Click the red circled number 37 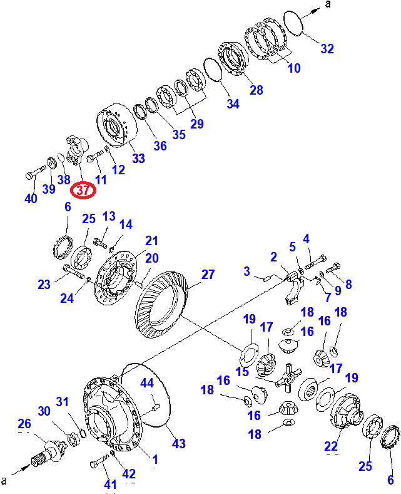click(x=83, y=191)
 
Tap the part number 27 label click(x=208, y=275)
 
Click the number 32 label click(x=327, y=49)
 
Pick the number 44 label click(x=147, y=383)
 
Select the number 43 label click(x=179, y=444)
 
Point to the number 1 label click(x=155, y=460)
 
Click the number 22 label click(x=331, y=446)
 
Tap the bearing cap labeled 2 click(x=294, y=288)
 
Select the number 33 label click(x=138, y=158)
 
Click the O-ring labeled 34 click(x=214, y=70)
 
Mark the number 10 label click(x=294, y=68)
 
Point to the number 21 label click(x=151, y=241)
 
